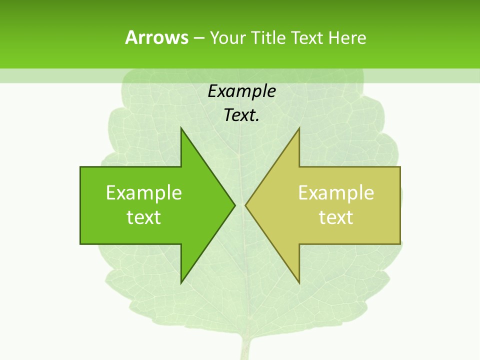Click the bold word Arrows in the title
click(157, 37)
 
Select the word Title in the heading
click(267, 38)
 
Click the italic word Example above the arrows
click(242, 91)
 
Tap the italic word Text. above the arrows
click(240, 115)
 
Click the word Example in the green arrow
click(144, 192)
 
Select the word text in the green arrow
click(144, 217)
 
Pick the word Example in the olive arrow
click(336, 192)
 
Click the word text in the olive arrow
click(336, 217)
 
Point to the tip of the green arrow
click(234, 205)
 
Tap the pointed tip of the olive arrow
click(246, 205)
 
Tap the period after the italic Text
click(257, 120)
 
